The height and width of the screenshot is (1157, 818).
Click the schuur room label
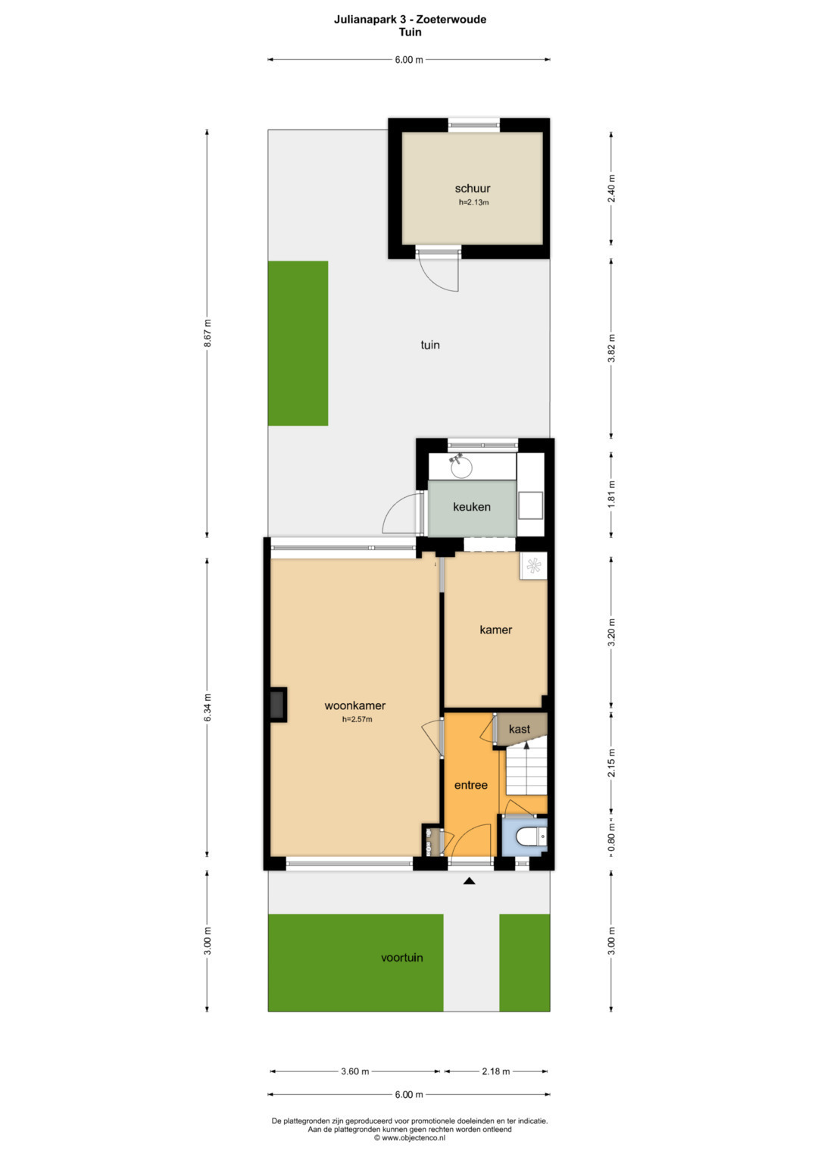coord(473,189)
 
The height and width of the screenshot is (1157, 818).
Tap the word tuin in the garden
coord(430,345)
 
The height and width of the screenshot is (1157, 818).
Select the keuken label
coord(471,507)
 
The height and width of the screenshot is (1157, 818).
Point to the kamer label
coord(496,630)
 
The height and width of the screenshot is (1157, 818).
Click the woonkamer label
coord(354,705)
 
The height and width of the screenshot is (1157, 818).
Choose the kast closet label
coord(520,729)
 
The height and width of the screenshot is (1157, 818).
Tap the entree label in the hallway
coord(471,785)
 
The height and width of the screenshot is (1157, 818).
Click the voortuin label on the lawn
coord(401,958)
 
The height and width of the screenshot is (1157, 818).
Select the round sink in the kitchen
coord(461,467)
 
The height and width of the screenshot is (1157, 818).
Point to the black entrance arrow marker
coord(469,882)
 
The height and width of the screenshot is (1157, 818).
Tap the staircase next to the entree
coord(526,769)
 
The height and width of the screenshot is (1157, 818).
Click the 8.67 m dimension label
coord(208,333)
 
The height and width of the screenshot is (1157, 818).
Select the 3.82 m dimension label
coord(612,348)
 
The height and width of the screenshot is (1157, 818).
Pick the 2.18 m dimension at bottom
coord(496,1071)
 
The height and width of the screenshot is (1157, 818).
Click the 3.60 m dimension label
coord(354,1071)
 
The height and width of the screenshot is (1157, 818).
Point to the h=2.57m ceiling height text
coord(357,719)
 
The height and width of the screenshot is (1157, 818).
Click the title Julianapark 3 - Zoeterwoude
coord(410,20)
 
